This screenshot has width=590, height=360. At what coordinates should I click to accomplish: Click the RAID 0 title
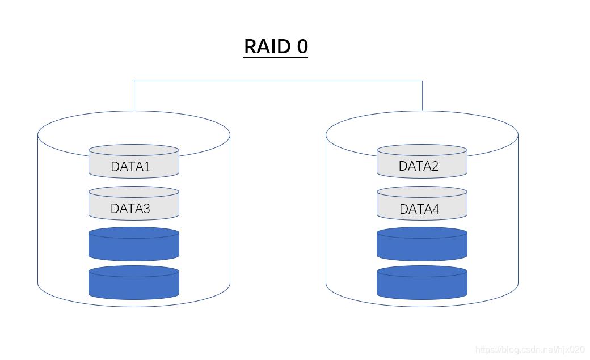tap(276, 46)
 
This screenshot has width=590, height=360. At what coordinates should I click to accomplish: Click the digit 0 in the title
tap(302, 46)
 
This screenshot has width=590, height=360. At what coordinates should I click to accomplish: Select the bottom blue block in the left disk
tap(134, 283)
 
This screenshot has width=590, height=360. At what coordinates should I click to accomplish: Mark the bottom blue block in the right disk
tap(422, 283)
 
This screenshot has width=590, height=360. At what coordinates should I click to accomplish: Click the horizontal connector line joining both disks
tap(278, 81)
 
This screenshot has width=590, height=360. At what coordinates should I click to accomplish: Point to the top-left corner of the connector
tap(134, 81)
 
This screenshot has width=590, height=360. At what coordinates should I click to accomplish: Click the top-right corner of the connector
tap(422, 81)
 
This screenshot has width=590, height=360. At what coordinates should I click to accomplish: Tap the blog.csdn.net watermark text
tap(530, 350)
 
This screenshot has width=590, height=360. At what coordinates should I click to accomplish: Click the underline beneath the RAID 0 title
tap(276, 57)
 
